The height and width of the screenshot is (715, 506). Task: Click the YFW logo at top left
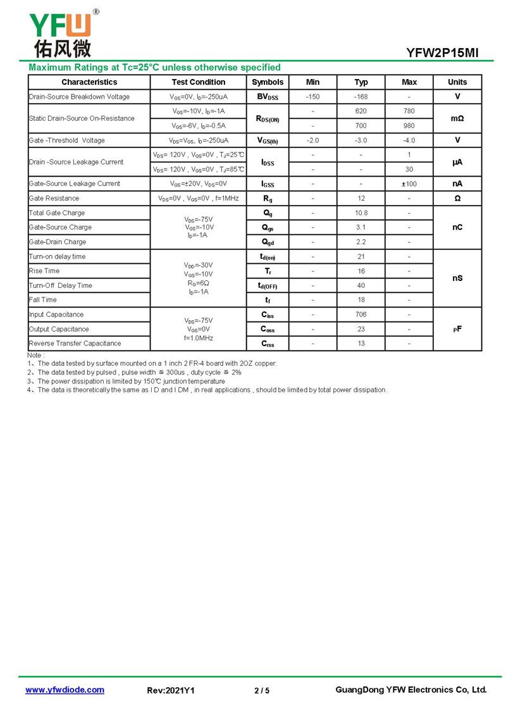point(61,33)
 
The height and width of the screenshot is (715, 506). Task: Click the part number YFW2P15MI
point(443,53)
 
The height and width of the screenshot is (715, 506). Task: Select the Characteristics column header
point(89,82)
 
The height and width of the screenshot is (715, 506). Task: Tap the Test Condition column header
point(198,82)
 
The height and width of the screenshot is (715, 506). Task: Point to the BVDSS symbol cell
point(268,97)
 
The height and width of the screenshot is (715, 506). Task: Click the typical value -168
point(361,97)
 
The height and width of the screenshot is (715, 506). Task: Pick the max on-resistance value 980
point(409,125)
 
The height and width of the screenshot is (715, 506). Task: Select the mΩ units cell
point(457,118)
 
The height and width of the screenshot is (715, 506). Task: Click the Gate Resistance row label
point(54,198)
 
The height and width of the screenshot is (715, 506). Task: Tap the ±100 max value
point(409,183)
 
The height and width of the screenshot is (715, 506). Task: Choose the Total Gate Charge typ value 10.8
point(361,213)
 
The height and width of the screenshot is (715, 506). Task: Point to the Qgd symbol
point(268,242)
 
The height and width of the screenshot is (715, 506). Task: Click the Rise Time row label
point(44,271)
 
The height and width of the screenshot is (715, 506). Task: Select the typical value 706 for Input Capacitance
point(361,314)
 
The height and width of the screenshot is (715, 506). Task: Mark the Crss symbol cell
point(268,344)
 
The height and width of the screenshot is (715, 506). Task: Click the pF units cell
point(457,329)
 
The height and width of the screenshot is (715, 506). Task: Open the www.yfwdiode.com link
point(65,690)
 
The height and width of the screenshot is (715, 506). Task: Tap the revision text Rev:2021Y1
point(171,690)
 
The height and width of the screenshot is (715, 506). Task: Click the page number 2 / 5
point(262,690)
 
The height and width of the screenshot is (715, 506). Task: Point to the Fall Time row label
point(43,300)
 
